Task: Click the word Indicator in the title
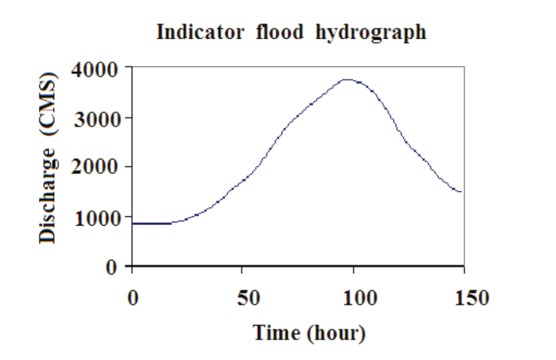[200, 32]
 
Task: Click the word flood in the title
[279, 32]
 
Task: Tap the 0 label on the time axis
[132, 298]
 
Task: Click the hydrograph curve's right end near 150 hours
[461, 192]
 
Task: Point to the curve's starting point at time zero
[133, 223]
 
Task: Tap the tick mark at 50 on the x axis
[242, 269]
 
